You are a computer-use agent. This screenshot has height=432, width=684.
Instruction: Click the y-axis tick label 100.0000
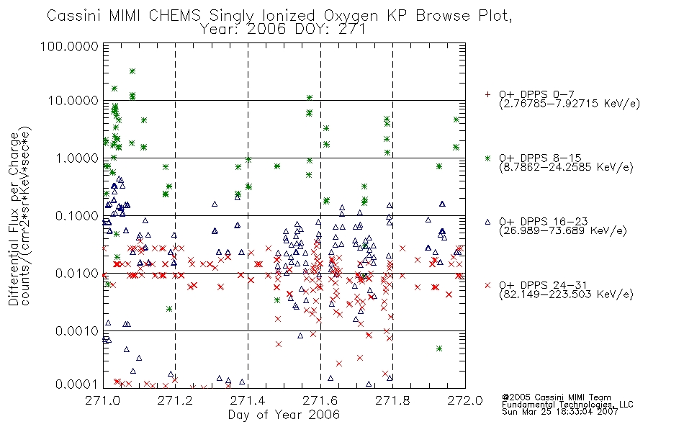click(69, 46)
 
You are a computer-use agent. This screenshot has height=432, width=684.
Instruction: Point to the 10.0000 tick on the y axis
click(73, 101)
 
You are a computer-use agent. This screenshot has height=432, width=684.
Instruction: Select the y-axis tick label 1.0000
click(77, 158)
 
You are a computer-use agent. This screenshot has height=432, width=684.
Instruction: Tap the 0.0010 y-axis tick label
click(77, 331)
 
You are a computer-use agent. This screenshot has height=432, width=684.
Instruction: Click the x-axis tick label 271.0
click(103, 400)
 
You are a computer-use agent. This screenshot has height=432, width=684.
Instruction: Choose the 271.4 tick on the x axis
click(248, 400)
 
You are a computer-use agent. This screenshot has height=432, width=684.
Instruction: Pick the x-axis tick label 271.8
click(392, 400)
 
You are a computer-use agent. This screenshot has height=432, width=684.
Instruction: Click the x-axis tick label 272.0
click(465, 400)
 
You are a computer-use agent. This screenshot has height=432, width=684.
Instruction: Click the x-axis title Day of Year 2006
click(284, 415)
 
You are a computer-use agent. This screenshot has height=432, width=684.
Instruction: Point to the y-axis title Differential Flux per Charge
click(14, 219)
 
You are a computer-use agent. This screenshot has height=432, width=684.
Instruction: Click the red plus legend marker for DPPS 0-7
click(487, 94)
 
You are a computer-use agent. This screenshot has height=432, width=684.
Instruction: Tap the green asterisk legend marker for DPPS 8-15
click(487, 158)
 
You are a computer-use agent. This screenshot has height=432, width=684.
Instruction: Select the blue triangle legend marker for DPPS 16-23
click(487, 222)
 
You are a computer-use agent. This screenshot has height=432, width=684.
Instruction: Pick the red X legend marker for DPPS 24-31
click(487, 285)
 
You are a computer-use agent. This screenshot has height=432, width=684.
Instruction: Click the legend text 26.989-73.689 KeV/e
click(563, 231)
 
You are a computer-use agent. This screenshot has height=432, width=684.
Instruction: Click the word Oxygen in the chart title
click(351, 16)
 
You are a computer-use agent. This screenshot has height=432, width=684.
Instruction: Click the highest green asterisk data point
click(132, 71)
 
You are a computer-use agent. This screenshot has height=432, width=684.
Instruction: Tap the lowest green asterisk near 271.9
click(439, 348)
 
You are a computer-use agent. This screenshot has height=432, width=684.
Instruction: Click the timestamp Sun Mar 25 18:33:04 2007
click(560, 412)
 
